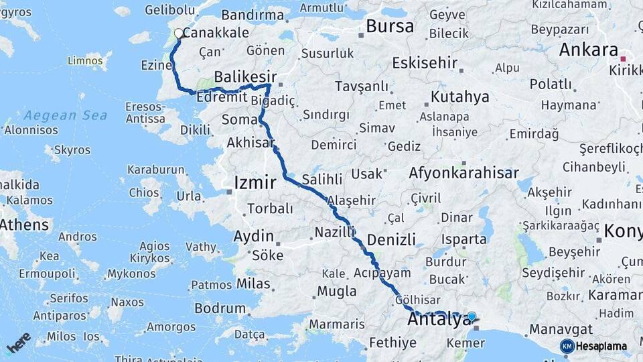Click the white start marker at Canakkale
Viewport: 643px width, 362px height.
coord(178,33)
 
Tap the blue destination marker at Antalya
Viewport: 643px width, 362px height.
coord(472,316)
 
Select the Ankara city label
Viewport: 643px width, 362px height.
coord(588,50)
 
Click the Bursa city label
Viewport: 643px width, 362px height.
coord(390,27)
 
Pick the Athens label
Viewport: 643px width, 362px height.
coord(25,225)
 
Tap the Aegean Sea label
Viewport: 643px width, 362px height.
coord(65,115)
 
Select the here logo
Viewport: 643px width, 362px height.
coord(19,343)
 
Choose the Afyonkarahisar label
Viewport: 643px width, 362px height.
coord(463,173)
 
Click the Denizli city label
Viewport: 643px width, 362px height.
coord(392,239)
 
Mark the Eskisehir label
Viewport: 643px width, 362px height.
coord(425,64)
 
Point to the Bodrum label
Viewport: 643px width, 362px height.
coord(220,308)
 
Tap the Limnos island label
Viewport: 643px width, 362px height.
coord(84,61)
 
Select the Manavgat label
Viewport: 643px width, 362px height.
coord(561,329)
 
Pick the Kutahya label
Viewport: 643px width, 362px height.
coord(459,97)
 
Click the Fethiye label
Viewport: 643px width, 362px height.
coord(392,343)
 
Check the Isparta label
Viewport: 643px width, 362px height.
coord(464,239)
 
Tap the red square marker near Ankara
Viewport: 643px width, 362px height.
coord(623,59)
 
